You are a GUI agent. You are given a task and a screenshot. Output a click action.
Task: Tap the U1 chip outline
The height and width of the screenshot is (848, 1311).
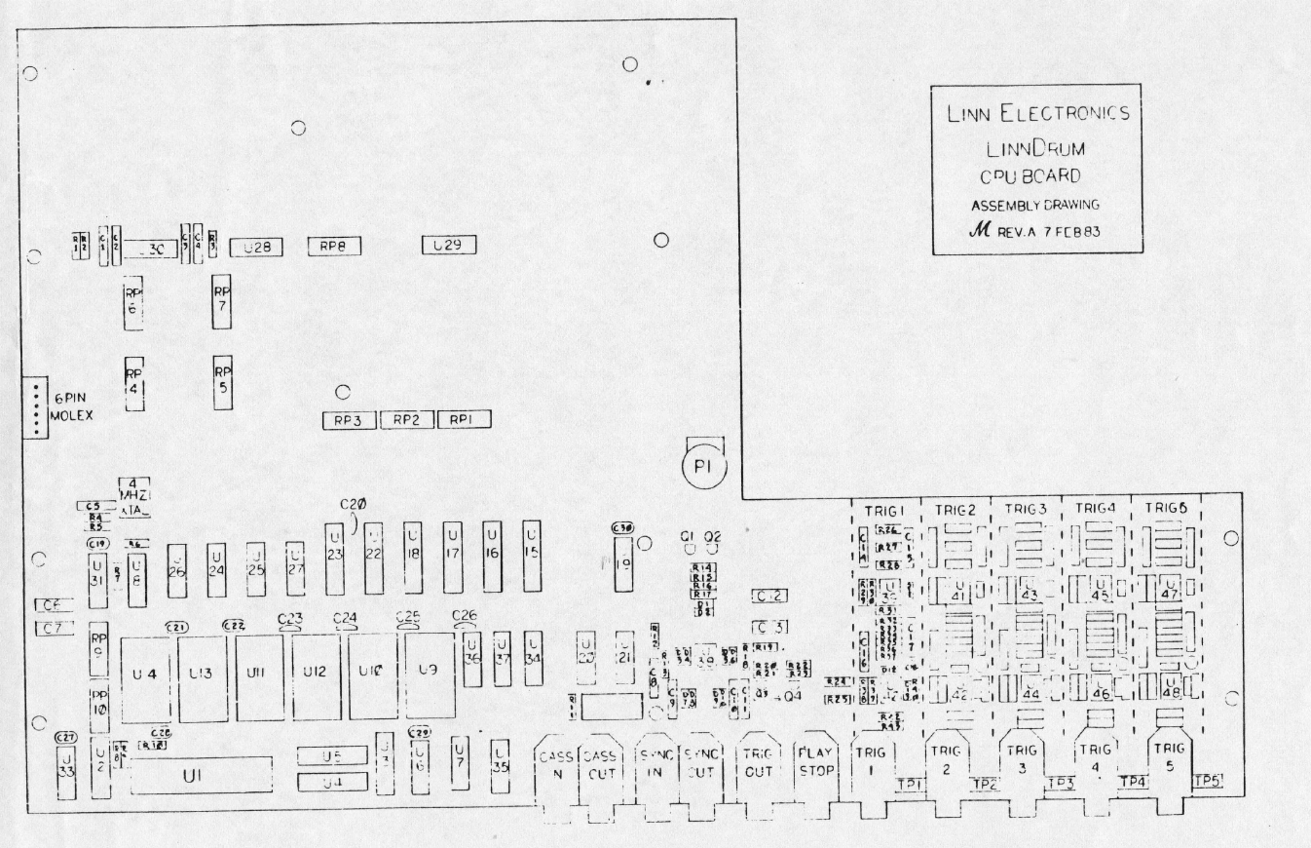pos(202,776)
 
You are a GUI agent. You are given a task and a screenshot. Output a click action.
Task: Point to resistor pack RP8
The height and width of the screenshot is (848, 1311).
pos(333,248)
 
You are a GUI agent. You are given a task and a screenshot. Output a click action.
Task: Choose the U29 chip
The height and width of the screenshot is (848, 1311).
pos(447,246)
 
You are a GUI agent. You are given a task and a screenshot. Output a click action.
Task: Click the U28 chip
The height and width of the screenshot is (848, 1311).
pos(256,249)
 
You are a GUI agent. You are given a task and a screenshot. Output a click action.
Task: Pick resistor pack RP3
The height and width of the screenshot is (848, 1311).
pos(349,421)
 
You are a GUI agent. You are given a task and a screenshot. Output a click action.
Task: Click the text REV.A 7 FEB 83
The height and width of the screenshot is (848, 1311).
pos(1043,233)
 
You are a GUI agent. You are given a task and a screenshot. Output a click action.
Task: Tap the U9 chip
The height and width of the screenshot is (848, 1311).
pos(430,672)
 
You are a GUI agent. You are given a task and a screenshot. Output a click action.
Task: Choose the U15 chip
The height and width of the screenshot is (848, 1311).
pos(531,551)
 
